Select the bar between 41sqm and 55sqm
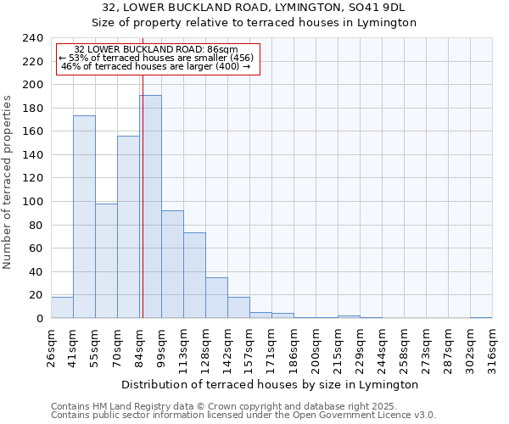(84, 216)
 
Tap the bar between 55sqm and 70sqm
(106, 260)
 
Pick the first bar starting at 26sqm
(62, 308)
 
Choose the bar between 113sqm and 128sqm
(194, 275)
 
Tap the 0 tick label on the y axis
(39, 319)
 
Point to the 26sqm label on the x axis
(51, 346)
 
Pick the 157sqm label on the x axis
(249, 346)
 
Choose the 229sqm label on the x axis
(360, 346)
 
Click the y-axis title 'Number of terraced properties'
(8, 181)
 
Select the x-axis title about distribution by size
(270, 384)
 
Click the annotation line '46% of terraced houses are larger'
(156, 66)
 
